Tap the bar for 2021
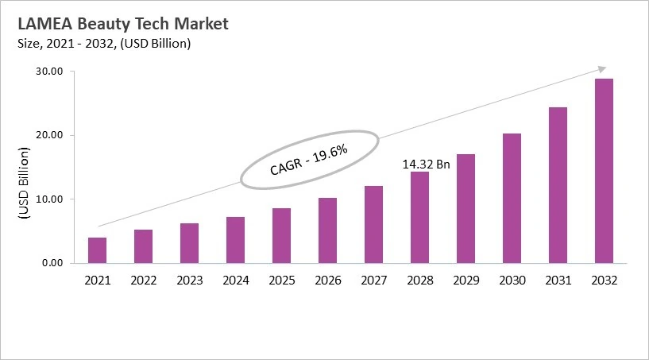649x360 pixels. click(97, 250)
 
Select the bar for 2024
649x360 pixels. click(235, 239)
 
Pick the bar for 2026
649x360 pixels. click(327, 230)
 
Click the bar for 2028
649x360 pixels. click(419, 217)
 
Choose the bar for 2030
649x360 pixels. click(512, 198)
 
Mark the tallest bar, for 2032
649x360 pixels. click(604, 171)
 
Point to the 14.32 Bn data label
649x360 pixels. click(427, 164)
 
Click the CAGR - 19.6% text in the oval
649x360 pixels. click(309, 160)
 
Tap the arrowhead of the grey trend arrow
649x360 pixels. click(602, 69)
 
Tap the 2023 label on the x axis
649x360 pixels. click(189, 281)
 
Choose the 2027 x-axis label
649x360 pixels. click(373, 281)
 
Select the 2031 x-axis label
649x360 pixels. click(558, 281)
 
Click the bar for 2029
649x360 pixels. click(466, 208)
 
